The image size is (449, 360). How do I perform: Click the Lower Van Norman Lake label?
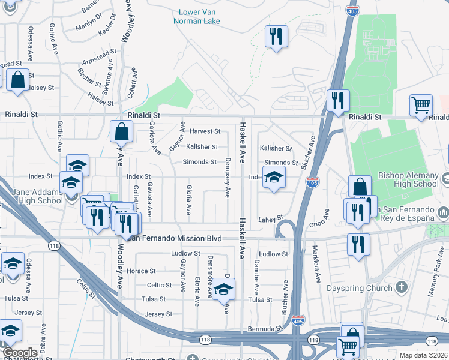pos(200,16)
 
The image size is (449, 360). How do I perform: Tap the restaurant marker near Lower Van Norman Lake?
pos(276,37)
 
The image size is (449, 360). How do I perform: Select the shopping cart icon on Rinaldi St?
pos(421,106)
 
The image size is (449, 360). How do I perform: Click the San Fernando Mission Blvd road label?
pos(174,238)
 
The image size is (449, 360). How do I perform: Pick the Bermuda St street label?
pos(265,329)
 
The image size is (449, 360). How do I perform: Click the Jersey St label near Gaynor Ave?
pos(158,314)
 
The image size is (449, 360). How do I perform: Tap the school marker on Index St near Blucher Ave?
pos(274,177)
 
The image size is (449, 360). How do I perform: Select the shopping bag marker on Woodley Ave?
pos(121,131)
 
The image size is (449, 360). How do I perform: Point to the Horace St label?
pos(141,271)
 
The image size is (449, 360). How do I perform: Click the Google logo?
pos(20,353)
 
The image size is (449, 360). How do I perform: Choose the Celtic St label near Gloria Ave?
pos(160,285)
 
